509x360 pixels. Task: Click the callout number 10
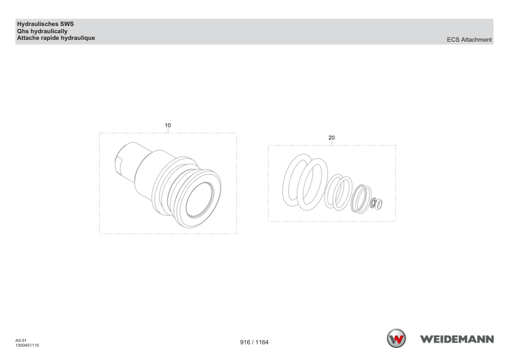coord(167,126)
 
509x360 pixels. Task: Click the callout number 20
coord(331,138)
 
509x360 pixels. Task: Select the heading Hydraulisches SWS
coord(45,24)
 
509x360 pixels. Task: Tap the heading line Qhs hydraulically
coord(42,31)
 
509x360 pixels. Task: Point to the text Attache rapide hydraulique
coord(56,38)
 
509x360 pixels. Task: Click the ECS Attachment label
coord(469,40)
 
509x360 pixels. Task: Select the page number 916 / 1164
coord(254,342)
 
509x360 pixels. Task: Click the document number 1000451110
coord(27,346)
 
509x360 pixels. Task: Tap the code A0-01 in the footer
coord(21,341)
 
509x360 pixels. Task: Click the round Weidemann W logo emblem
coord(396,338)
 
